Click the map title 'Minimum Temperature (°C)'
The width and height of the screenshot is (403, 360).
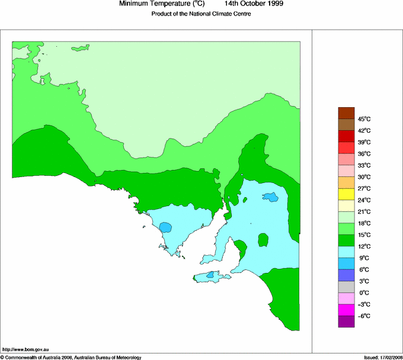[x=162, y=4]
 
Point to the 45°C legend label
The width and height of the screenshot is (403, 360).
[x=363, y=119]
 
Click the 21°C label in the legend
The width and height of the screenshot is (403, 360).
[x=363, y=212]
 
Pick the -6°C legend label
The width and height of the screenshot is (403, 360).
[x=363, y=316]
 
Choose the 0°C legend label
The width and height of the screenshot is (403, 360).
[x=363, y=293]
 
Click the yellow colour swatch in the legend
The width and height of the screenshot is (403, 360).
[x=346, y=194]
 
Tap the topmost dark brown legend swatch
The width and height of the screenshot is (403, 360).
[x=346, y=112]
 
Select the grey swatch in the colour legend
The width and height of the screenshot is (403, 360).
[x=346, y=287]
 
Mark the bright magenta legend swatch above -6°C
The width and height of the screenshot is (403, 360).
[x=346, y=310]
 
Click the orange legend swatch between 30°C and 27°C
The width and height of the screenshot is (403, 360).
[x=346, y=182]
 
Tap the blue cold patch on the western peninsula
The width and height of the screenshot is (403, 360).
[x=165, y=227]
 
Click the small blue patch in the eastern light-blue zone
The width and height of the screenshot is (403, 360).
[x=270, y=197]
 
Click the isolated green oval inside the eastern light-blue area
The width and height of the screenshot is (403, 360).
[x=263, y=240]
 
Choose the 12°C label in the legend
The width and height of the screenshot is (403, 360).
[x=363, y=246]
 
